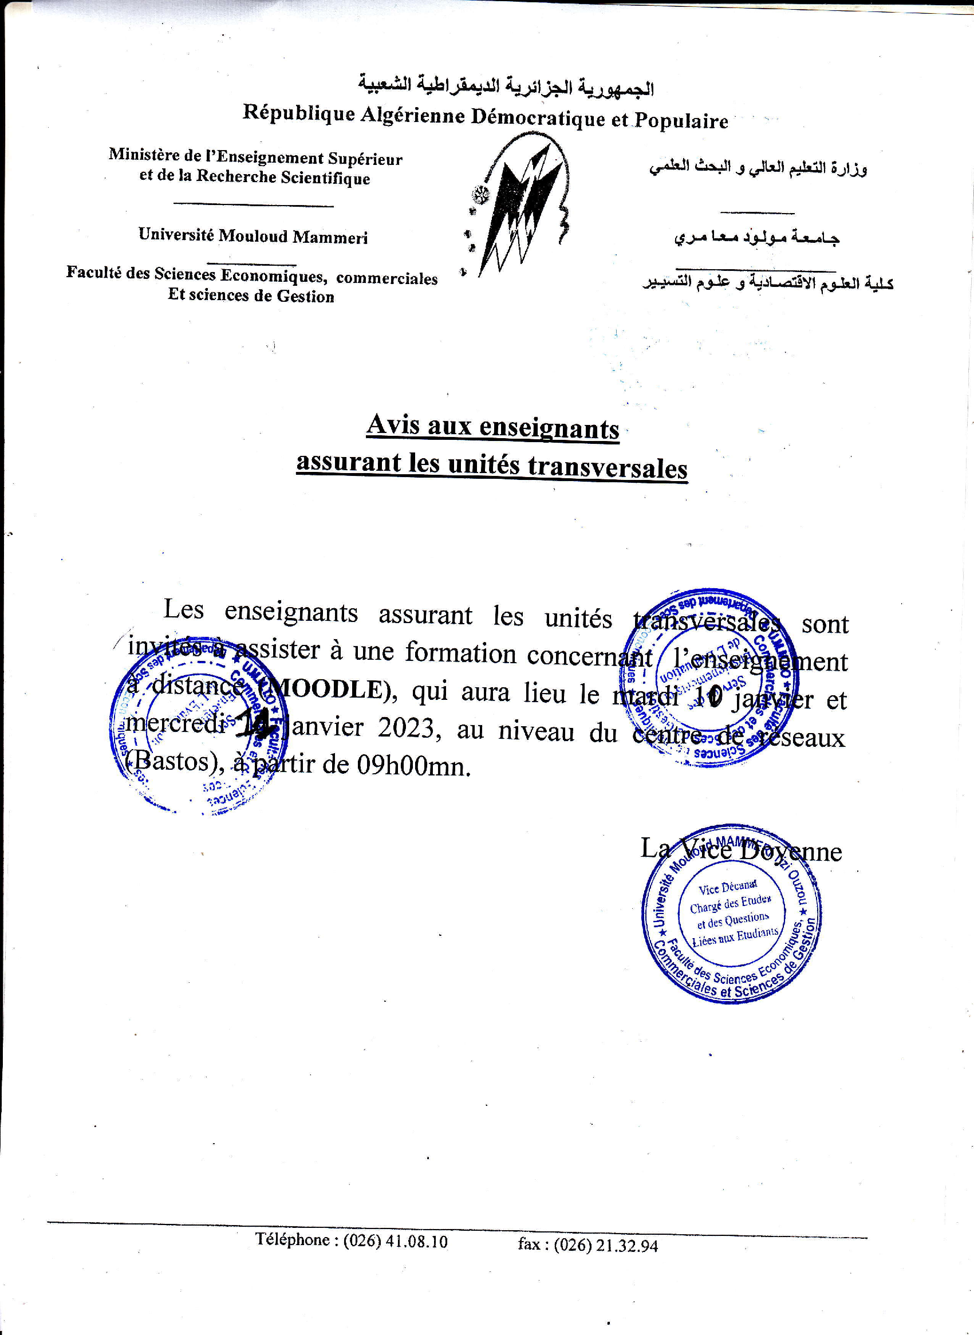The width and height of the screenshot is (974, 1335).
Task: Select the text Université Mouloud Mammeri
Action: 253,236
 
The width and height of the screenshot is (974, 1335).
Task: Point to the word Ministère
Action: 144,155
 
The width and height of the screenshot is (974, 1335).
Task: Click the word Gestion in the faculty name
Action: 305,296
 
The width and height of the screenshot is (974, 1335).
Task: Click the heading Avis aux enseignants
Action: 493,426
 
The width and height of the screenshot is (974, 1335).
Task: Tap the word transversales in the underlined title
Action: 608,467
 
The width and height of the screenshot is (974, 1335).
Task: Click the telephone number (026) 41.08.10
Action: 395,1241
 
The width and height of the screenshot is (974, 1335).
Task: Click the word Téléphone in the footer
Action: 292,1239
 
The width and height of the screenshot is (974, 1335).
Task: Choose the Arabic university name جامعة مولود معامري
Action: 757,238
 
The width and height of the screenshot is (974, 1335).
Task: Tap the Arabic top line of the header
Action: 506,86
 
